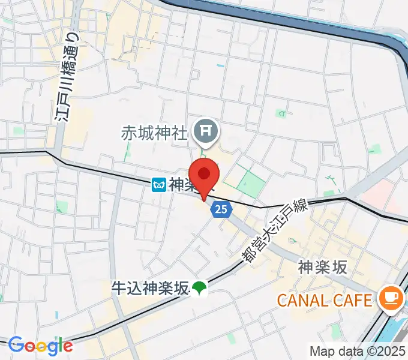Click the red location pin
pos(205,175)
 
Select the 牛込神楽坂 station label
pos(150,288)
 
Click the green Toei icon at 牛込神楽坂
pos(199,289)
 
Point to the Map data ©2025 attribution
pos(358,350)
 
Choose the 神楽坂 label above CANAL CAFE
pos(322,268)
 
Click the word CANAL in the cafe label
pos(301,299)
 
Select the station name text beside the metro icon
pos(182,185)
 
